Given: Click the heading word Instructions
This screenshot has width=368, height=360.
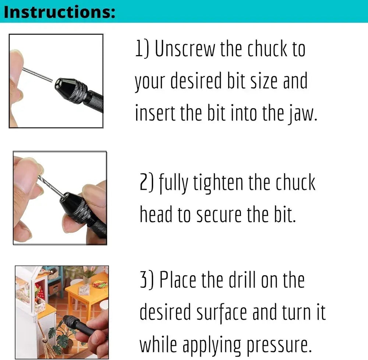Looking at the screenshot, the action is pos(60,12).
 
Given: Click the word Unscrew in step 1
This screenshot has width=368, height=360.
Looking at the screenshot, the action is pos(185,49).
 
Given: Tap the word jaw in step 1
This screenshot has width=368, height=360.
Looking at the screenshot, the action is pos(303,114).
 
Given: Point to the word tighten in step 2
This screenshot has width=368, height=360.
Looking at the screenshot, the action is pos(218,183).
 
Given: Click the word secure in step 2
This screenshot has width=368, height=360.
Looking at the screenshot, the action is pos(219,215).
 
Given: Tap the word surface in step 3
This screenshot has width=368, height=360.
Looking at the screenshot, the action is pos(222,313).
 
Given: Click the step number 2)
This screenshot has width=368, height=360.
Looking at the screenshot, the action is pos(146,182).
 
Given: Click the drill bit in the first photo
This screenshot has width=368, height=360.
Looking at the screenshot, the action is pos(38,75).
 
